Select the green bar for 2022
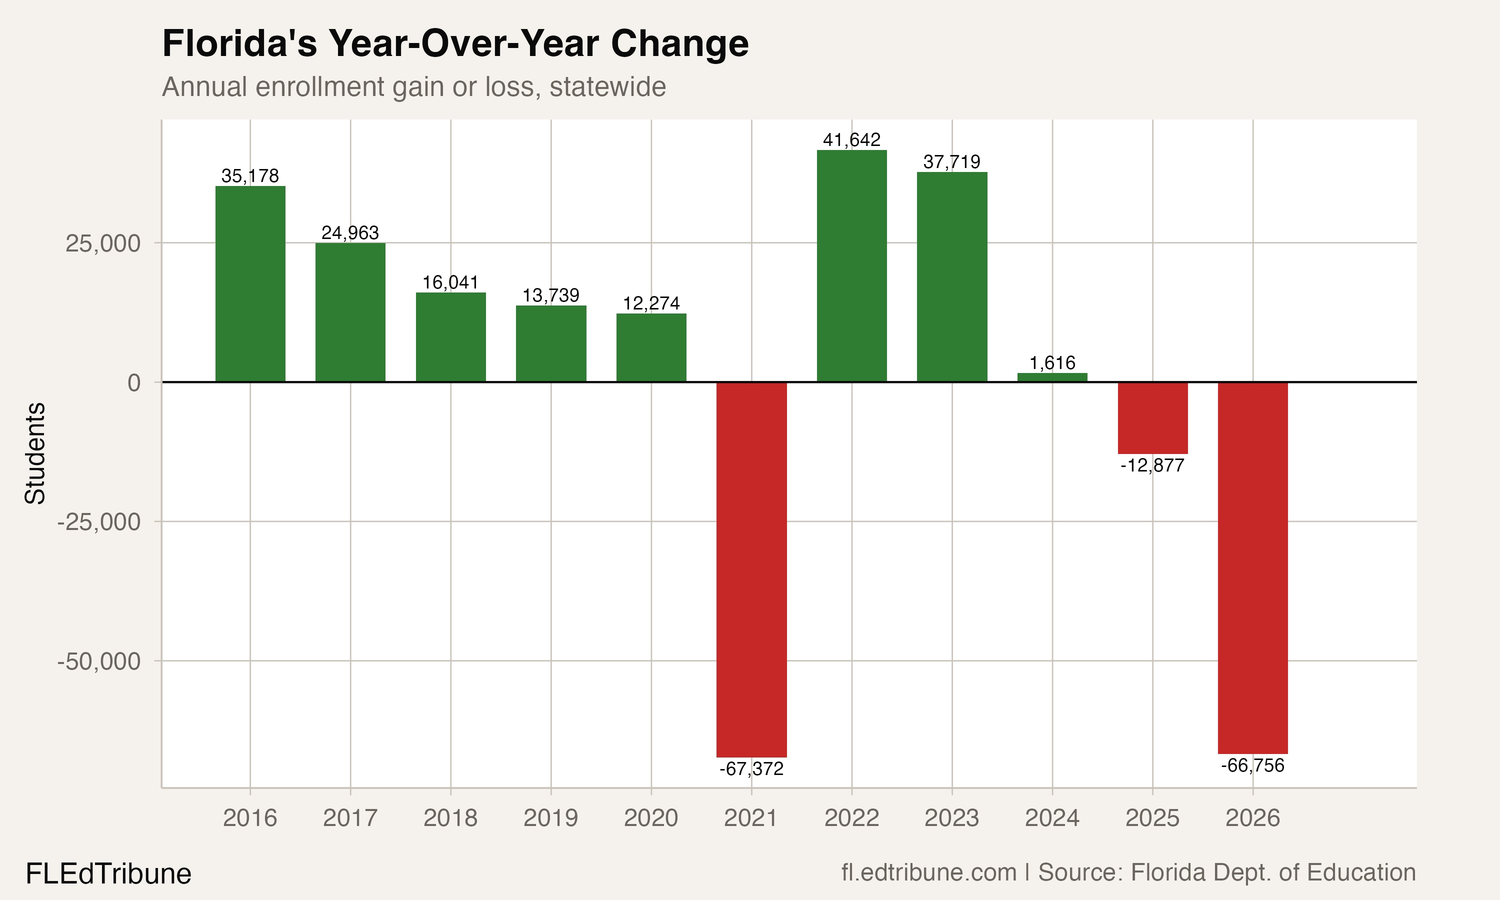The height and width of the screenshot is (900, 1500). (x=851, y=265)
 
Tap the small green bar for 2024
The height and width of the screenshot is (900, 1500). (x=1052, y=377)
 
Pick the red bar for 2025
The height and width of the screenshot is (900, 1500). (x=1152, y=418)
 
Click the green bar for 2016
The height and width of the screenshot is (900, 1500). (x=250, y=284)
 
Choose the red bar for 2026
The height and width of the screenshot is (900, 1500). (x=1252, y=567)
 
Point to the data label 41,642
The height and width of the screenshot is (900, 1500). (x=851, y=140)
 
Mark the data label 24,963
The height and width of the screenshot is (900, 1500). (x=350, y=232)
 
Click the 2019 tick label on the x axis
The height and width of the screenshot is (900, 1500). (x=550, y=817)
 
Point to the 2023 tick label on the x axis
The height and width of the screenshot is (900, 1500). (x=951, y=817)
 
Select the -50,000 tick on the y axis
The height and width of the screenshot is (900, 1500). (x=99, y=661)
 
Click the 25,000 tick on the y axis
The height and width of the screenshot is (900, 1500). (x=102, y=243)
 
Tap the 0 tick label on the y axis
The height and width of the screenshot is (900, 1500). (x=134, y=382)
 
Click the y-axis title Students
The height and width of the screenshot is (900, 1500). (x=35, y=453)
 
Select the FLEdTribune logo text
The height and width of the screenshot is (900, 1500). (x=108, y=874)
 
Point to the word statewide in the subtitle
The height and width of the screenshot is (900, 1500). (x=607, y=86)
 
